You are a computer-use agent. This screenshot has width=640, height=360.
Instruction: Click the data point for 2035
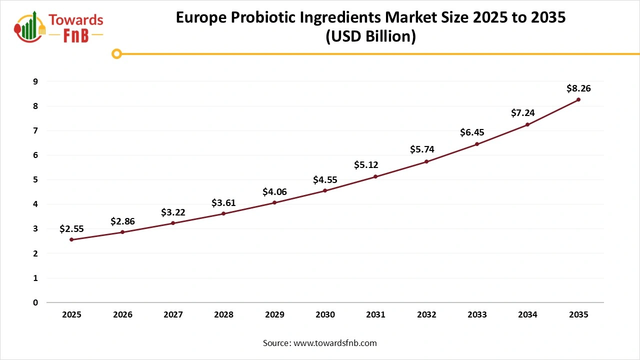(578, 99)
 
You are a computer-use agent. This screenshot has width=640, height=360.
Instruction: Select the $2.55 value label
(71, 229)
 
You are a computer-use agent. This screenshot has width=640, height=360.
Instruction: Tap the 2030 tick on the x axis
(325, 315)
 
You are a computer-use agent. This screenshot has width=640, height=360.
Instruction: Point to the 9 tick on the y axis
(35, 81)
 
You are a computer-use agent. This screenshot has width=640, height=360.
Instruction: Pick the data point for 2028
(223, 213)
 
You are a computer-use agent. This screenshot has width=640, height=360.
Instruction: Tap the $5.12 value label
(366, 165)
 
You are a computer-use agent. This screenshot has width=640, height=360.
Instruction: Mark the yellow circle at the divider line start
(116, 53)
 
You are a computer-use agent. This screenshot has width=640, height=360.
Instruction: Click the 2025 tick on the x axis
(72, 315)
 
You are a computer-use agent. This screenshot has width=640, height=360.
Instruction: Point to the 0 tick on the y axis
(35, 302)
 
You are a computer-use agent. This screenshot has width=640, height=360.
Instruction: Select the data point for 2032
(426, 161)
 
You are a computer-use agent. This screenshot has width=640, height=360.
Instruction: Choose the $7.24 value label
(522, 113)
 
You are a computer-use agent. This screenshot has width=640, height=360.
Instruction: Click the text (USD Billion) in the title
(370, 37)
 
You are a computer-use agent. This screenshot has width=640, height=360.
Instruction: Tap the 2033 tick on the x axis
(477, 315)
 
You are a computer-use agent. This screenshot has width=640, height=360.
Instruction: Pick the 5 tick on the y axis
(35, 179)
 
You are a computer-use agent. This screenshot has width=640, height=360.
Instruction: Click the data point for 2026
(122, 232)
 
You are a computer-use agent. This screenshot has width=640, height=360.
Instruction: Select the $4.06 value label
(274, 191)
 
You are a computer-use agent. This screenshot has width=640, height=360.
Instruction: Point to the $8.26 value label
(578, 88)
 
